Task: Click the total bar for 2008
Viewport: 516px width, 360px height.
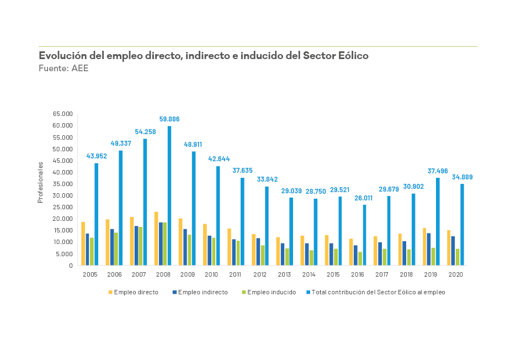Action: click(169, 195)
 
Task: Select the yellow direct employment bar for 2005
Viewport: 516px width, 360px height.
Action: click(83, 243)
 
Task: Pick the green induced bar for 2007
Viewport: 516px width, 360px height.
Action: click(141, 246)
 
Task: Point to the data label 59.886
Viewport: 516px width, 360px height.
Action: click(169, 119)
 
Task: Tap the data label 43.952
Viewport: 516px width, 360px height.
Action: click(97, 156)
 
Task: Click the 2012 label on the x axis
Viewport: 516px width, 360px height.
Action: click(260, 274)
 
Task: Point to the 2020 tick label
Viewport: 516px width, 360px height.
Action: click(456, 274)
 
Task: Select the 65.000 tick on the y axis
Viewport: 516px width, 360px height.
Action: click(63, 114)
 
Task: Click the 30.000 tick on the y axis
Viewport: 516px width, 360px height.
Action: click(63, 195)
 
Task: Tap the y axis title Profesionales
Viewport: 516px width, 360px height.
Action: click(40, 182)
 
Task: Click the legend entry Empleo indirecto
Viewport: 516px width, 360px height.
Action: click(205, 293)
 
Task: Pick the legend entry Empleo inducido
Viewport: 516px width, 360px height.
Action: click(271, 293)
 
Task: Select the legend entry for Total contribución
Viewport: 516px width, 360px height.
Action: click(378, 293)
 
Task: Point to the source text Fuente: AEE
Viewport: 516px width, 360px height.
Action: click(63, 68)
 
